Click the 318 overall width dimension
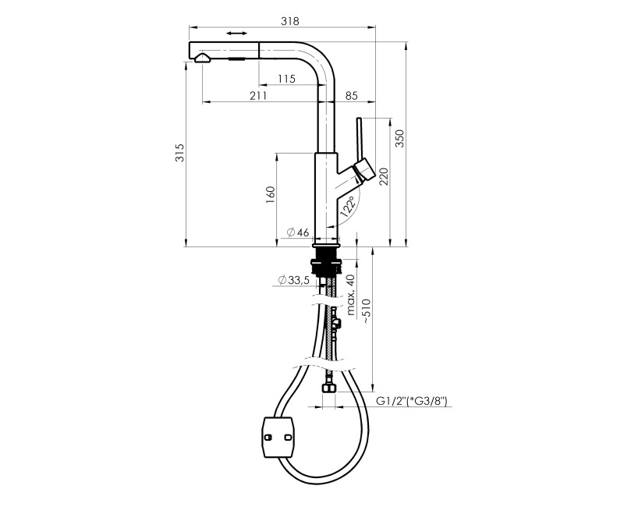pyautogui.click(x=289, y=21)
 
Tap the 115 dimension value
pyautogui.click(x=286, y=79)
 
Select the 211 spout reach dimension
pyautogui.click(x=258, y=95)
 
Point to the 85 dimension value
pyautogui.click(x=352, y=95)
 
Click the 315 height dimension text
pyautogui.click(x=180, y=153)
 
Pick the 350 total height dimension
pyautogui.click(x=399, y=139)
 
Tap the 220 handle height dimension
pyautogui.click(x=383, y=176)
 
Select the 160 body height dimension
pyautogui.click(x=270, y=194)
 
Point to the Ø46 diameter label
pyautogui.click(x=298, y=232)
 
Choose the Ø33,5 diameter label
pyautogui.click(x=294, y=280)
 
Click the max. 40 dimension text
pyautogui.click(x=350, y=295)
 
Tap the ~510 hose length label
pyautogui.click(x=367, y=310)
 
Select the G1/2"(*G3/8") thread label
pyautogui.click(x=412, y=401)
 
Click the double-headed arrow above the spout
pyautogui.click(x=237, y=34)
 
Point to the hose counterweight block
pyautogui.click(x=278, y=438)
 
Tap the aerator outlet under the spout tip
pyautogui.click(x=203, y=59)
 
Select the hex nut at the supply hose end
pyautogui.click(x=328, y=387)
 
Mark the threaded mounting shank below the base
pyautogui.click(x=327, y=261)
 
